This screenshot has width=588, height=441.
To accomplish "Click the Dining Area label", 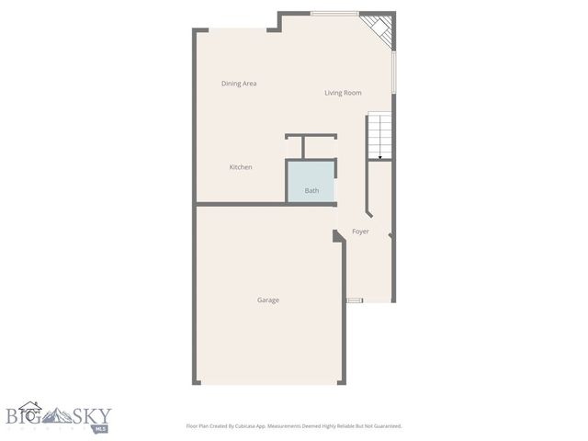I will (239, 84).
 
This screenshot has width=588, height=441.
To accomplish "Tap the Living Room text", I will (343, 93).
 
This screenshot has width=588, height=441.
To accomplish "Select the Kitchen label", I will (241, 167).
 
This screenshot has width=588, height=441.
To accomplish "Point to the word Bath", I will (312, 191).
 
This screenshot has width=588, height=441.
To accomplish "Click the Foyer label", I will (360, 232).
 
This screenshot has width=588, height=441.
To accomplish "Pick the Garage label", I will (268, 300).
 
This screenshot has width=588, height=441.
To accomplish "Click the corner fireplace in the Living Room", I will (379, 29).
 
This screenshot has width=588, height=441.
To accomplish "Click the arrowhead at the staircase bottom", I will (380, 158).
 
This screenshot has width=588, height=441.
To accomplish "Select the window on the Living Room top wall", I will (334, 13).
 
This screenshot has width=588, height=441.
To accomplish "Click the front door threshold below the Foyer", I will (355, 300).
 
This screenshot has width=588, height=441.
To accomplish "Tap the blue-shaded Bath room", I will (311, 181).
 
